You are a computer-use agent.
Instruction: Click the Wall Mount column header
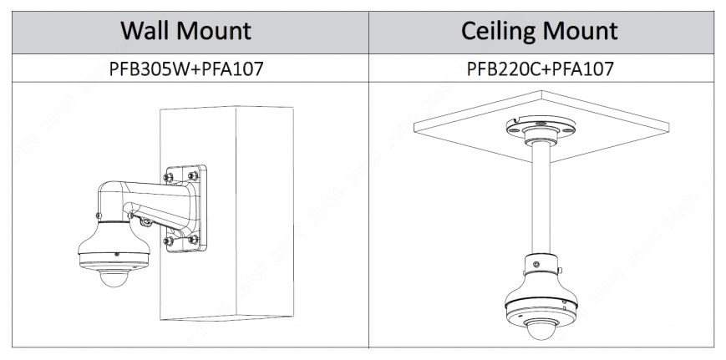185,32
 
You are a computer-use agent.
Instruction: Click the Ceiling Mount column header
540,32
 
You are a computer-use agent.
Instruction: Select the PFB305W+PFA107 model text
185,68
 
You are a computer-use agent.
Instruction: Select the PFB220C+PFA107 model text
540,68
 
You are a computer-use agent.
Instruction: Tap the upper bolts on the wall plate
182,176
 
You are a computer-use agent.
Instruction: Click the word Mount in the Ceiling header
581,32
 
